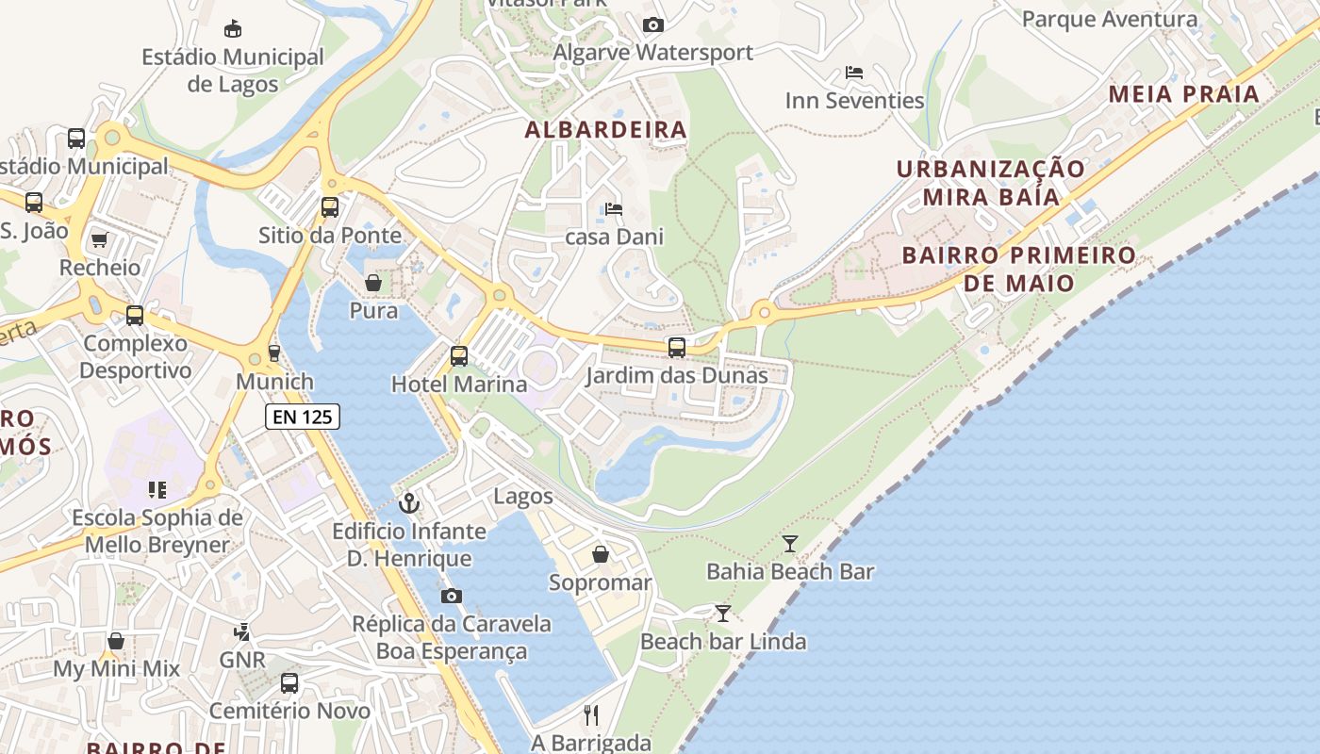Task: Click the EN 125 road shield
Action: (302, 416)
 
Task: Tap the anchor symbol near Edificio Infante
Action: (408, 502)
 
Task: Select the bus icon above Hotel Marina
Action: (459, 355)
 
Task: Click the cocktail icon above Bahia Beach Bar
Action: (790, 543)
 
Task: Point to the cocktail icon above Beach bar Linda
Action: (722, 614)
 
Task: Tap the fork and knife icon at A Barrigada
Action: (591, 714)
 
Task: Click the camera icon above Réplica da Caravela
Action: (452, 596)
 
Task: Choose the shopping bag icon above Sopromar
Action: (600, 554)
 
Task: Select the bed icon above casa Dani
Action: (614, 208)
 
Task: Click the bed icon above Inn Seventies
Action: (854, 72)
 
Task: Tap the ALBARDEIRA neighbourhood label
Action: (605, 130)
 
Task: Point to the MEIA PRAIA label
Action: (1184, 94)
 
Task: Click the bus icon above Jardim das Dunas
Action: (676, 347)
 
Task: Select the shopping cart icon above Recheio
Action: (100, 239)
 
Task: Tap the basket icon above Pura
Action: (373, 282)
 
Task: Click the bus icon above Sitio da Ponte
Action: (329, 206)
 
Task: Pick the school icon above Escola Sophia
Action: (157, 489)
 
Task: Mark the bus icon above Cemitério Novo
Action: (289, 682)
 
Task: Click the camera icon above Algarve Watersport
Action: (652, 25)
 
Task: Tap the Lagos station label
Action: (523, 497)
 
